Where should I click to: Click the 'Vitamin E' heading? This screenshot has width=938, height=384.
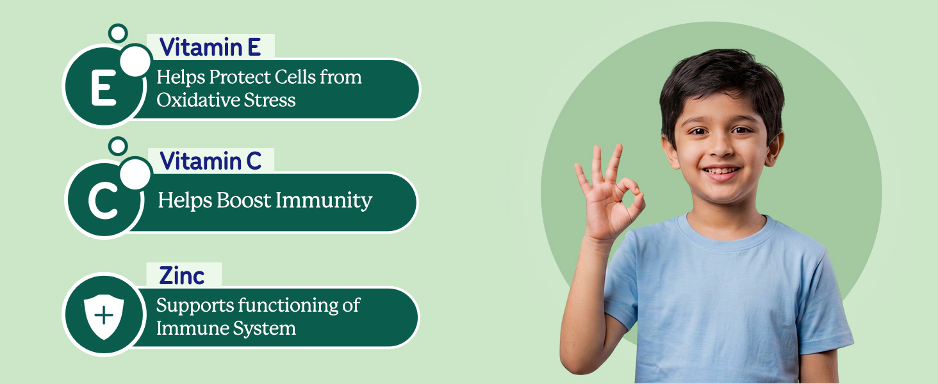click(210, 47)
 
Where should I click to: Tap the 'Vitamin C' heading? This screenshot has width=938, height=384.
click(211, 161)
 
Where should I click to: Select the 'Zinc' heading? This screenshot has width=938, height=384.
click(182, 276)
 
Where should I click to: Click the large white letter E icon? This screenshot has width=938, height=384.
click(103, 88)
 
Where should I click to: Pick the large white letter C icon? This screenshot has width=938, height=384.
click(103, 202)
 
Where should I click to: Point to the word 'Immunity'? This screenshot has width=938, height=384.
click(324, 200)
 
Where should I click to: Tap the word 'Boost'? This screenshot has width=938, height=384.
click(243, 200)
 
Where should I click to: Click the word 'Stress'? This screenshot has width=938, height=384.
click(270, 100)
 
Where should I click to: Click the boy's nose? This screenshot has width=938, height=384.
click(721, 147)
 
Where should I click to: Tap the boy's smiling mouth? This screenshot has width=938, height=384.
click(721, 172)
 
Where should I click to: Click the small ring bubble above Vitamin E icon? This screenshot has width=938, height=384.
click(118, 33)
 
